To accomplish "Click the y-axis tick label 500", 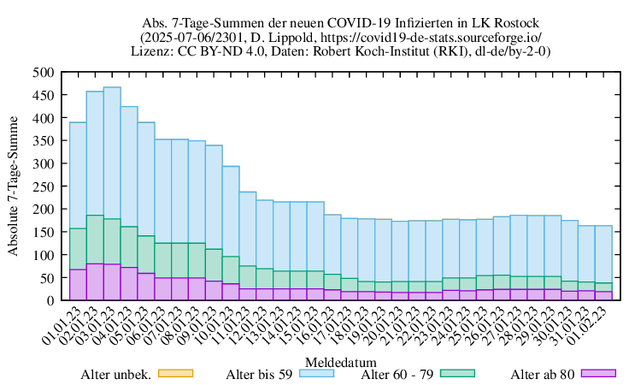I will tap(43, 73).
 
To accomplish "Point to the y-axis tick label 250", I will tap(43, 187).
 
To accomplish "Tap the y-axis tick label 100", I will tap(43, 255).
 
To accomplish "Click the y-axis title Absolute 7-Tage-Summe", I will tap(14, 187).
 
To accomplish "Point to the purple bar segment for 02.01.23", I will tap(95, 281).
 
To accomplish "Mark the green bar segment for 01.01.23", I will tap(78, 248).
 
